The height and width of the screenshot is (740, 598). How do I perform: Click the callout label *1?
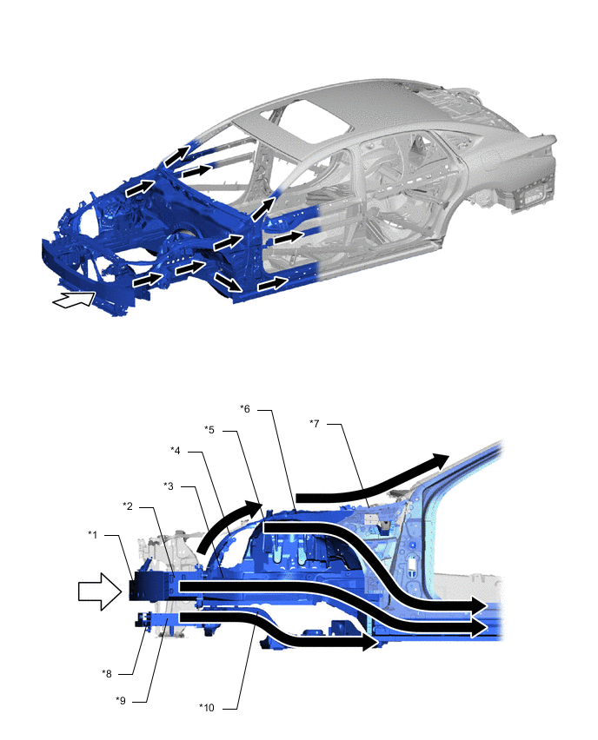pyautogui.click(x=93, y=535)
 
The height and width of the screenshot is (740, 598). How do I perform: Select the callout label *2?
pyautogui.click(x=128, y=506)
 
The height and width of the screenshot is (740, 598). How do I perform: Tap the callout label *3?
pyautogui.click(x=169, y=486)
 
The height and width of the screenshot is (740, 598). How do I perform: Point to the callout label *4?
pyautogui.click(x=176, y=451)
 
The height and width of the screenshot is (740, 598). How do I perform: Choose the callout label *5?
pyautogui.click(x=209, y=430)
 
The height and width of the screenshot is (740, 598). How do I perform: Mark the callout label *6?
pyautogui.click(x=245, y=409)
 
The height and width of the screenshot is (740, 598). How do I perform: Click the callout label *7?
pyautogui.click(x=314, y=423)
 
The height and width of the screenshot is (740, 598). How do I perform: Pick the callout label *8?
pyautogui.click(x=107, y=673)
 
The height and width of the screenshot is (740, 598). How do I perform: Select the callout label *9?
pyautogui.click(x=121, y=700)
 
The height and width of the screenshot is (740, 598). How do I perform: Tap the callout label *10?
pyautogui.click(x=206, y=708)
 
